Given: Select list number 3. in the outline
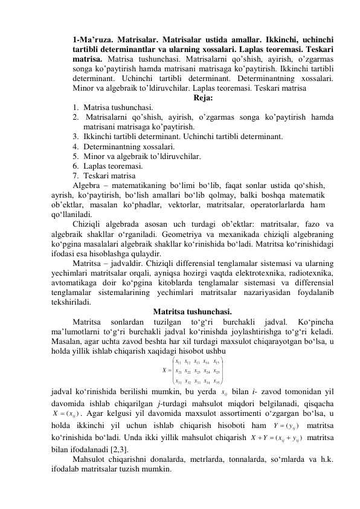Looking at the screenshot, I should coord(76,137).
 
